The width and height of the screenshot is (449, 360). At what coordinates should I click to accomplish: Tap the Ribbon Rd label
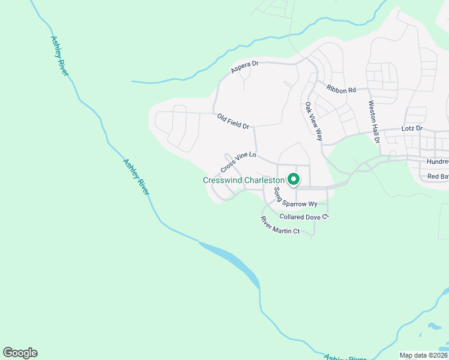(342, 89)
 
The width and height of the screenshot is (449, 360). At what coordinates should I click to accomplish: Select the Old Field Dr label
(234, 121)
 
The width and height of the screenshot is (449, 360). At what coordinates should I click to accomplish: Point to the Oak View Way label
(314, 121)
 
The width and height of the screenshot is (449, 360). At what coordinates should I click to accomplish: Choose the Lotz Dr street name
(412, 128)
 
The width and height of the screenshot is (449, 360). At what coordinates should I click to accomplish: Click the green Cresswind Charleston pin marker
(294, 179)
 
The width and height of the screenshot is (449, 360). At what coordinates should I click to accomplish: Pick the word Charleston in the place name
(264, 180)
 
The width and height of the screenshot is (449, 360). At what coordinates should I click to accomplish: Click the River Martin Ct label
(279, 225)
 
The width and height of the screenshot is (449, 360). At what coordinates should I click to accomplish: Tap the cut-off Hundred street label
(438, 162)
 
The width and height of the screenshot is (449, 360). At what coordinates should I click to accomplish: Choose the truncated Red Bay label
(438, 176)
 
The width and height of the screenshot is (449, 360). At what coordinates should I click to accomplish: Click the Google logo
(20, 353)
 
